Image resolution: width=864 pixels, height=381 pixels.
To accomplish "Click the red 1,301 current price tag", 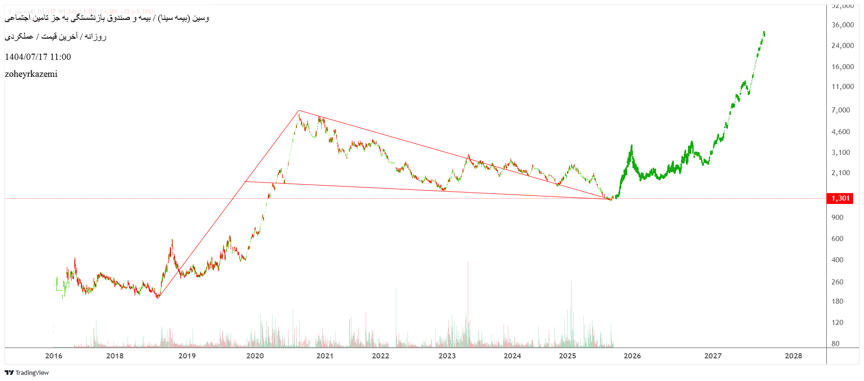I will coord(840,198).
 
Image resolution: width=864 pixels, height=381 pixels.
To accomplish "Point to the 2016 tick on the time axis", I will coord(54,356).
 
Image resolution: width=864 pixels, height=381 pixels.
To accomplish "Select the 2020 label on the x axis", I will coord(255,356).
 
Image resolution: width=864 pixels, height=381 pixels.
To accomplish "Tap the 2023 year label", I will coord(447,356).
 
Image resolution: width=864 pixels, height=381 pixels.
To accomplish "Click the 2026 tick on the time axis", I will coord(632,356).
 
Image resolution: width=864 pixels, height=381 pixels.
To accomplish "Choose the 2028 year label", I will coord(793,356).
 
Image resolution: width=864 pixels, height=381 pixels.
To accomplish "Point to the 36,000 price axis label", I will coord(842,25).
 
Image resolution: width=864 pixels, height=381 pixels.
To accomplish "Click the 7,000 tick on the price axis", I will coord(840,110).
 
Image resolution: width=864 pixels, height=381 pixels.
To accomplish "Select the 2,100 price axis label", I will coord(840,173).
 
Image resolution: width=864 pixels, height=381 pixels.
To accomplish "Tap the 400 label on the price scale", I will coord(837,260).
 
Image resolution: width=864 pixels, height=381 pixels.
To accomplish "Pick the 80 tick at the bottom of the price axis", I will coord(835,344).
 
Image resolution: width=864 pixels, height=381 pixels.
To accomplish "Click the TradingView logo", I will coord(27,373).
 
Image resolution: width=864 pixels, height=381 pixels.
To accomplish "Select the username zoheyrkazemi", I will coord(31,74).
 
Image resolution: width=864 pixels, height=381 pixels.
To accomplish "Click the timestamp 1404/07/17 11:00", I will coord(38,57).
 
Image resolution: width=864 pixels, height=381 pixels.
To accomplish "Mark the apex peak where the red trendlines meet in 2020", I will coord(298,111).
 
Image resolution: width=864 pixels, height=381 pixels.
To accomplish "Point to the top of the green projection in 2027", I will coord(764,32).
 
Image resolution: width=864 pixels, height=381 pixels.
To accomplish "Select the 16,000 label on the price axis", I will coord(842,67).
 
